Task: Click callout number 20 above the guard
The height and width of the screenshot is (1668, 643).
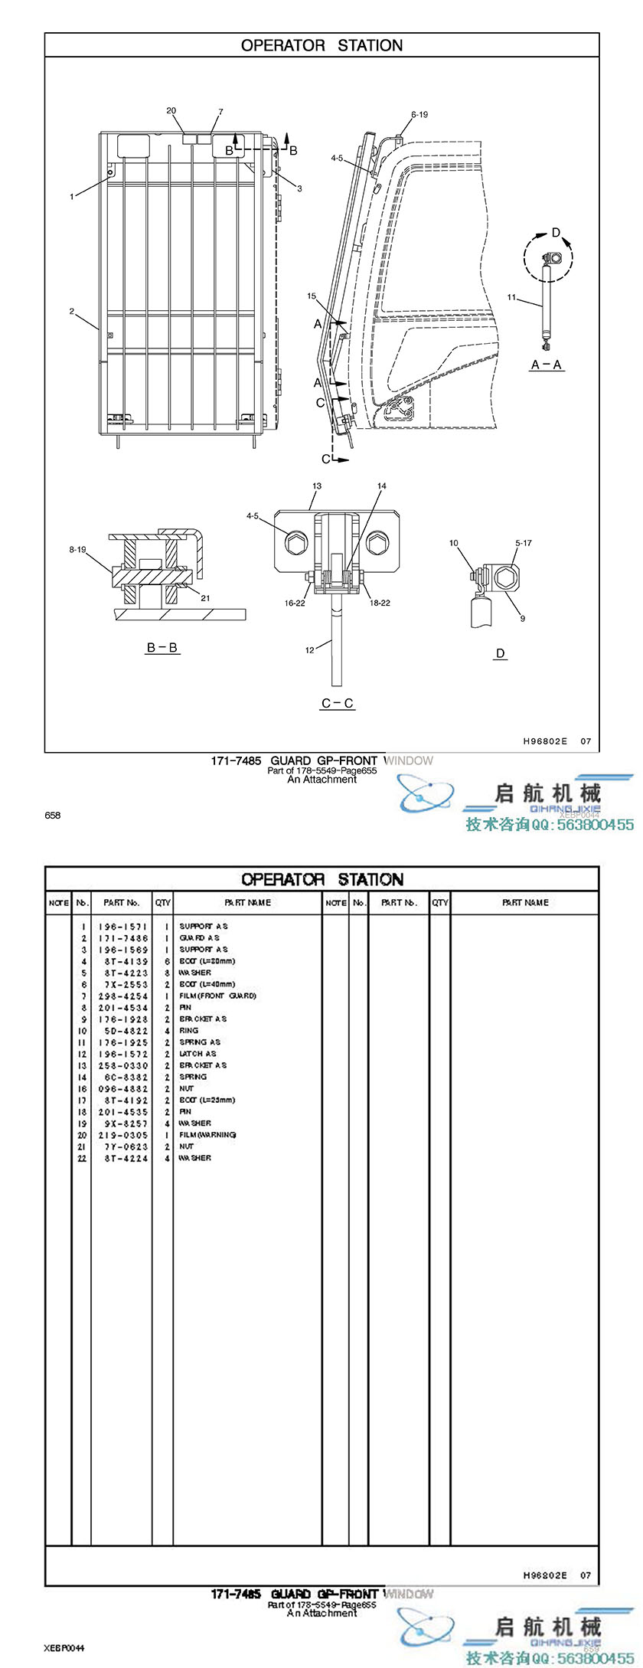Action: pyautogui.click(x=171, y=110)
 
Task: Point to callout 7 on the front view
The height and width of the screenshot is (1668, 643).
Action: pyautogui.click(x=220, y=112)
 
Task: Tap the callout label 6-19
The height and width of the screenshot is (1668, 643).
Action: pyautogui.click(x=419, y=115)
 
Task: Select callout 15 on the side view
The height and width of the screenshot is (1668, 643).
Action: pyautogui.click(x=312, y=296)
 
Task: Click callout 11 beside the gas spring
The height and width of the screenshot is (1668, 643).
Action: pyautogui.click(x=511, y=297)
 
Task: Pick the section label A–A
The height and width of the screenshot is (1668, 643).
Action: pyautogui.click(x=547, y=365)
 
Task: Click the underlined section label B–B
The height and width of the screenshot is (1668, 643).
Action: pyautogui.click(x=162, y=648)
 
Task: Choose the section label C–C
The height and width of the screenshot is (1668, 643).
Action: pyautogui.click(x=338, y=703)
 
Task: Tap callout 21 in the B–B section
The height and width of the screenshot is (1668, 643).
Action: pyautogui.click(x=204, y=598)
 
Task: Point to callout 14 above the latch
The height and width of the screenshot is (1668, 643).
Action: pyautogui.click(x=382, y=486)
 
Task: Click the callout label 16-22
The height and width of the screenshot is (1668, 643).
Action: pyautogui.click(x=295, y=603)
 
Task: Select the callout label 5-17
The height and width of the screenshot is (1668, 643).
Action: pyautogui.click(x=524, y=543)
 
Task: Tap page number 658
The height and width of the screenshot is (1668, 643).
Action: pyautogui.click(x=52, y=816)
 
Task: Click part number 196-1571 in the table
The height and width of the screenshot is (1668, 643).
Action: pyautogui.click(x=122, y=927)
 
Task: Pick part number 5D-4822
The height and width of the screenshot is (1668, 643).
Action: pyautogui.click(x=122, y=1031)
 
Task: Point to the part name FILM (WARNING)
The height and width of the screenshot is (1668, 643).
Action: pyautogui.click(x=207, y=1135)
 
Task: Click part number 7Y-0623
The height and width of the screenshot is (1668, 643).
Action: pyautogui.click(x=122, y=1146)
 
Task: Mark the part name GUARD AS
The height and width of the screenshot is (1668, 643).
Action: pyautogui.click(x=199, y=938)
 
